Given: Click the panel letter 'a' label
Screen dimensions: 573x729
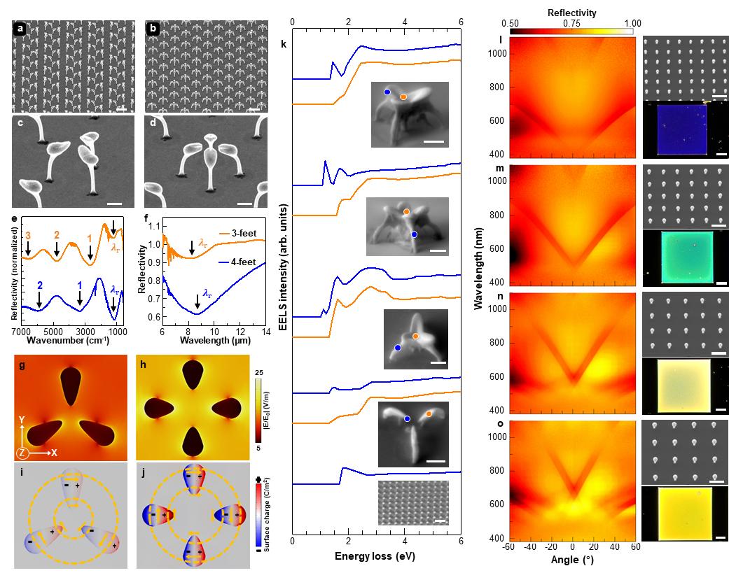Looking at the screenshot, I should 21,30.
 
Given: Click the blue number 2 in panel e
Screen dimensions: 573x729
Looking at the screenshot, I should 40,285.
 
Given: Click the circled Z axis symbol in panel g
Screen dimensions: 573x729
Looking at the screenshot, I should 22,453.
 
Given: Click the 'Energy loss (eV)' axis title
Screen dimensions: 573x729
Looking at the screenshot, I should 376,556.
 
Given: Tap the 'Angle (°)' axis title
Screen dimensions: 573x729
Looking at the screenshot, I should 571,560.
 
